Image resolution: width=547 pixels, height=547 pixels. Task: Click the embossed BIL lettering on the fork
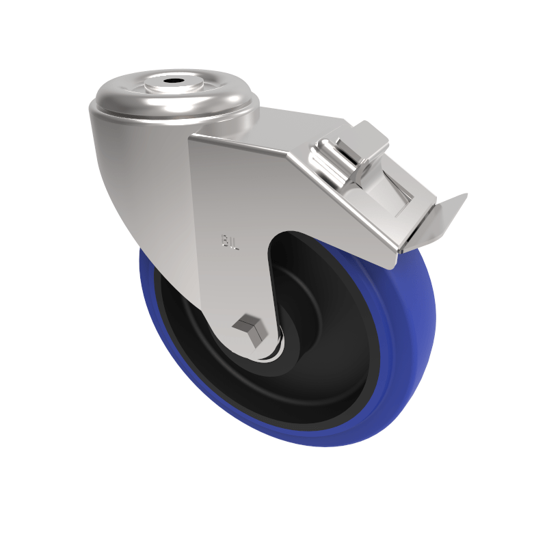(230, 241)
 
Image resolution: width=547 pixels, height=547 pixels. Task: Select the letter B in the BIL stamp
(224, 241)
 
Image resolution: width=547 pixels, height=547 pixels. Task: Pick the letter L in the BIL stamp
(236, 242)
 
